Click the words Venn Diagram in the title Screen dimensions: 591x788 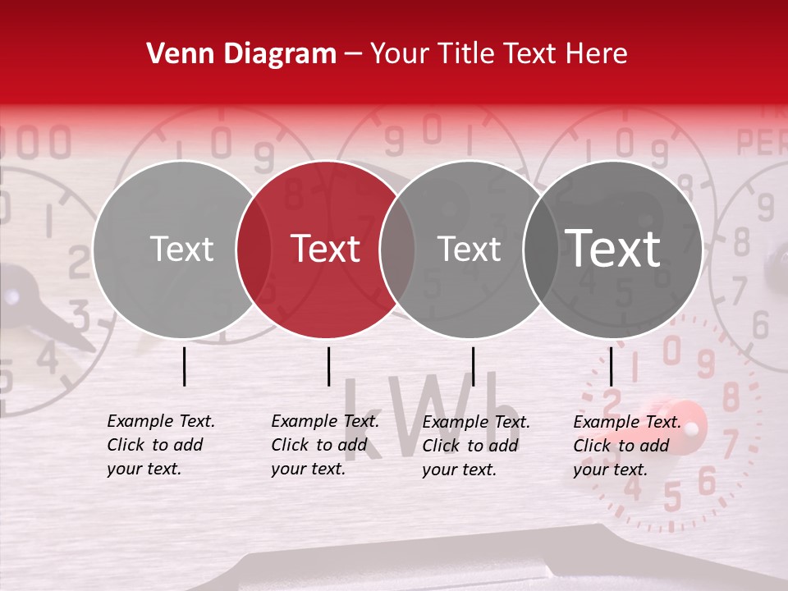click(x=241, y=54)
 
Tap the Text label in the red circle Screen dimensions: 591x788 click(x=326, y=249)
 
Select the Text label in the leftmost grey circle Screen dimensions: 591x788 click(x=181, y=249)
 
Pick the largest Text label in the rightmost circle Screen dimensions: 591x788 click(x=613, y=248)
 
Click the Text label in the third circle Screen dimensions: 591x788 click(x=470, y=249)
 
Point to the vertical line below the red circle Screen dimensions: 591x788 click(x=328, y=366)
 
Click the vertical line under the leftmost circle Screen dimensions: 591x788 click(x=184, y=366)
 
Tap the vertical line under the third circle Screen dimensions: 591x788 click(x=473, y=366)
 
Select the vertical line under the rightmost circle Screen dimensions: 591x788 click(x=611, y=366)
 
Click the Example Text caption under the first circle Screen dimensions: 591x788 click(x=161, y=421)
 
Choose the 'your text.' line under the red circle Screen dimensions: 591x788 click(x=308, y=469)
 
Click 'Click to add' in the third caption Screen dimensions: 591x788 click(x=470, y=446)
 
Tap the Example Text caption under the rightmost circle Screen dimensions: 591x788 click(x=627, y=422)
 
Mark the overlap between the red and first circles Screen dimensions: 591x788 click(x=254, y=249)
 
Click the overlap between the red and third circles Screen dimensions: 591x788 click(x=397, y=249)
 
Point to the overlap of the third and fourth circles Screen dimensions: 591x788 click(x=541, y=249)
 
